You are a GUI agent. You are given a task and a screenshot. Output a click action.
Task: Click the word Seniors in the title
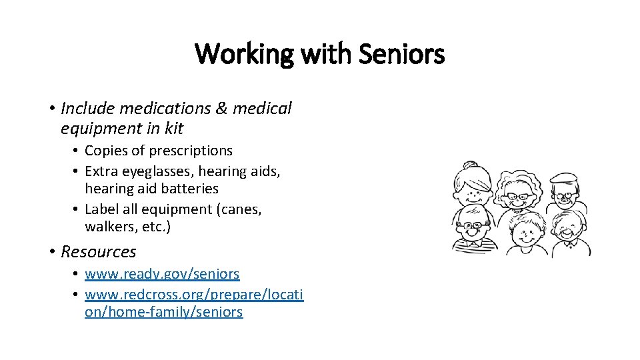point(401,54)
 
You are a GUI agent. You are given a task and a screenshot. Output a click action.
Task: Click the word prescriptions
point(191,151)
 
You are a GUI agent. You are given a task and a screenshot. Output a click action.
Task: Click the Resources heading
point(99,251)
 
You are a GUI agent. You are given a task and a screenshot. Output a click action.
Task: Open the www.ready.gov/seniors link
point(162,273)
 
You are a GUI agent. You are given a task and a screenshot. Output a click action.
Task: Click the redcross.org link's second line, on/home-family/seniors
point(163,311)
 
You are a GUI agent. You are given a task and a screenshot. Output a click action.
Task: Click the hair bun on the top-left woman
point(471,165)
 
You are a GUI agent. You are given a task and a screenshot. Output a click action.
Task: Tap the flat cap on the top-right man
point(563,179)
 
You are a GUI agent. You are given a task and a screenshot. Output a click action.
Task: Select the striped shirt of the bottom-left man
point(471,247)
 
